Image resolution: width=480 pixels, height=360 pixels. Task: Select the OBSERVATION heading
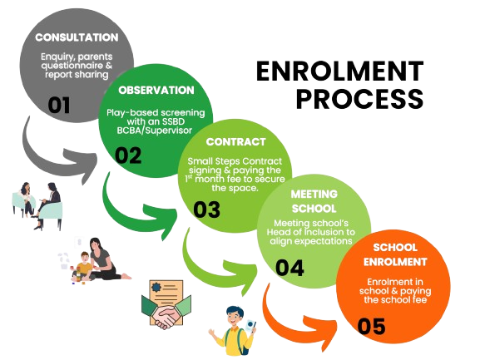[156, 90]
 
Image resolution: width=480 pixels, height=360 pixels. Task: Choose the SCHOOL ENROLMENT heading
[393, 254]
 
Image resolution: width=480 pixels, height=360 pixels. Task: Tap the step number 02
[129, 155]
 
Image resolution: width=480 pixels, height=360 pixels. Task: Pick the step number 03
[207, 209]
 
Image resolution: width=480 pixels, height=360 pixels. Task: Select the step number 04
[289, 268]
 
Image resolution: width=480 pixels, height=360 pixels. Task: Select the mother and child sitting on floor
[94, 259]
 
